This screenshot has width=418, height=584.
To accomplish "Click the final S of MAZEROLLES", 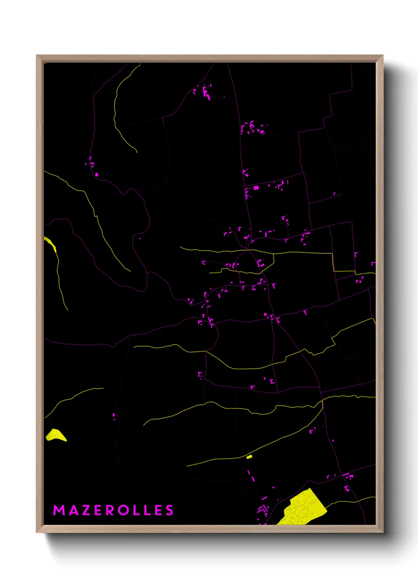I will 169,510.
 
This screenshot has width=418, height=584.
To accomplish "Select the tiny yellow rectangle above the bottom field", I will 249,457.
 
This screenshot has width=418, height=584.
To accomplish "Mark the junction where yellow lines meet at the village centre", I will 247,250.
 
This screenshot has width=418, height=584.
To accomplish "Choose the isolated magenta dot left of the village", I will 139,238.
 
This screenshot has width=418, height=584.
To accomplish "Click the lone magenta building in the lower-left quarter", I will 114,416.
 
